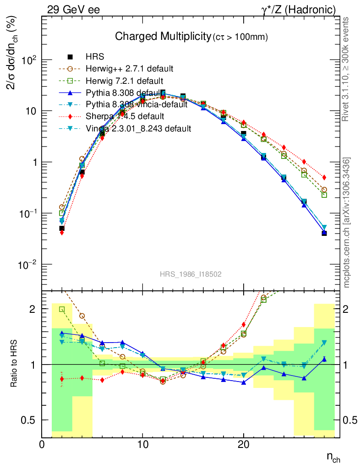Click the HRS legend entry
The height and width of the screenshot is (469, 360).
pos(95,57)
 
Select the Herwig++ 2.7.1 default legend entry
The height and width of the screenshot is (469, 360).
pos(129,69)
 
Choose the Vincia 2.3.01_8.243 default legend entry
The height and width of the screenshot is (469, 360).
pos(138,128)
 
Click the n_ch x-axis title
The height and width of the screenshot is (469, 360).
pos(333,457)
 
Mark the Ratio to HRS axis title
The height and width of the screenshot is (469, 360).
pos(14,364)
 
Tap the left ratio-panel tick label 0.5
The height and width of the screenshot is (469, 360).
pos(30,420)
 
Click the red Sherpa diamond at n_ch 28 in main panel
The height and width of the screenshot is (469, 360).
pos(324,177)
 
